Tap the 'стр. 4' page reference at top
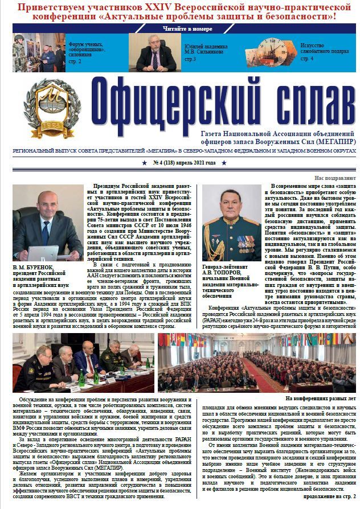308,59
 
